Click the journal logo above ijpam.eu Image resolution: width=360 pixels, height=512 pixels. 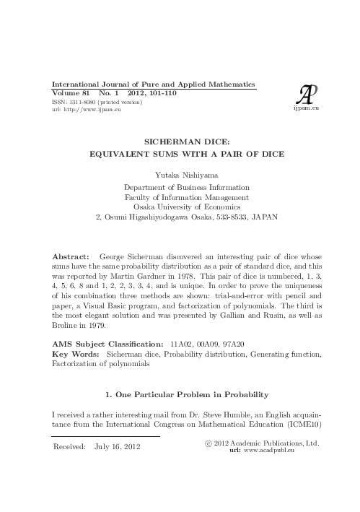(306, 94)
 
